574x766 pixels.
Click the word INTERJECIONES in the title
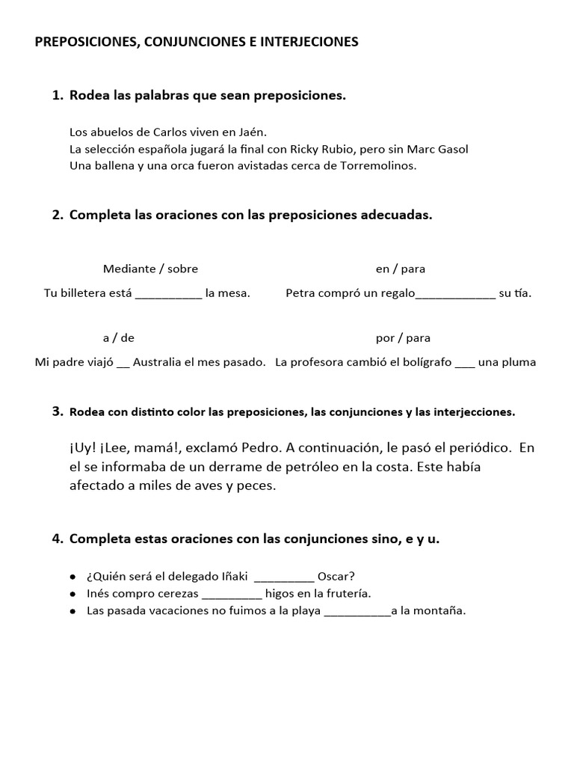tap(309, 43)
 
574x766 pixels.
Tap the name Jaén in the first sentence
tap(252, 130)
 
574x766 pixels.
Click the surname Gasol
tap(451, 149)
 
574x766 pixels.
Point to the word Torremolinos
tap(373, 165)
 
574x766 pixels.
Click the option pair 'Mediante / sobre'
tap(150, 269)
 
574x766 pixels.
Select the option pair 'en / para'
tap(400, 269)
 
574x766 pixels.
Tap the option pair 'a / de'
tap(119, 337)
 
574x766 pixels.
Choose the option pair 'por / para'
tap(403, 337)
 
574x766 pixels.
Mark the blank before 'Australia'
tap(123, 364)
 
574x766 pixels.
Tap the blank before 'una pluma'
tap(465, 364)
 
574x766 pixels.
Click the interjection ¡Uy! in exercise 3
tap(83, 448)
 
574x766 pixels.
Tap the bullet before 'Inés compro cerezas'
tap(72, 594)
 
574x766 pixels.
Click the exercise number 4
tap(58, 539)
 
